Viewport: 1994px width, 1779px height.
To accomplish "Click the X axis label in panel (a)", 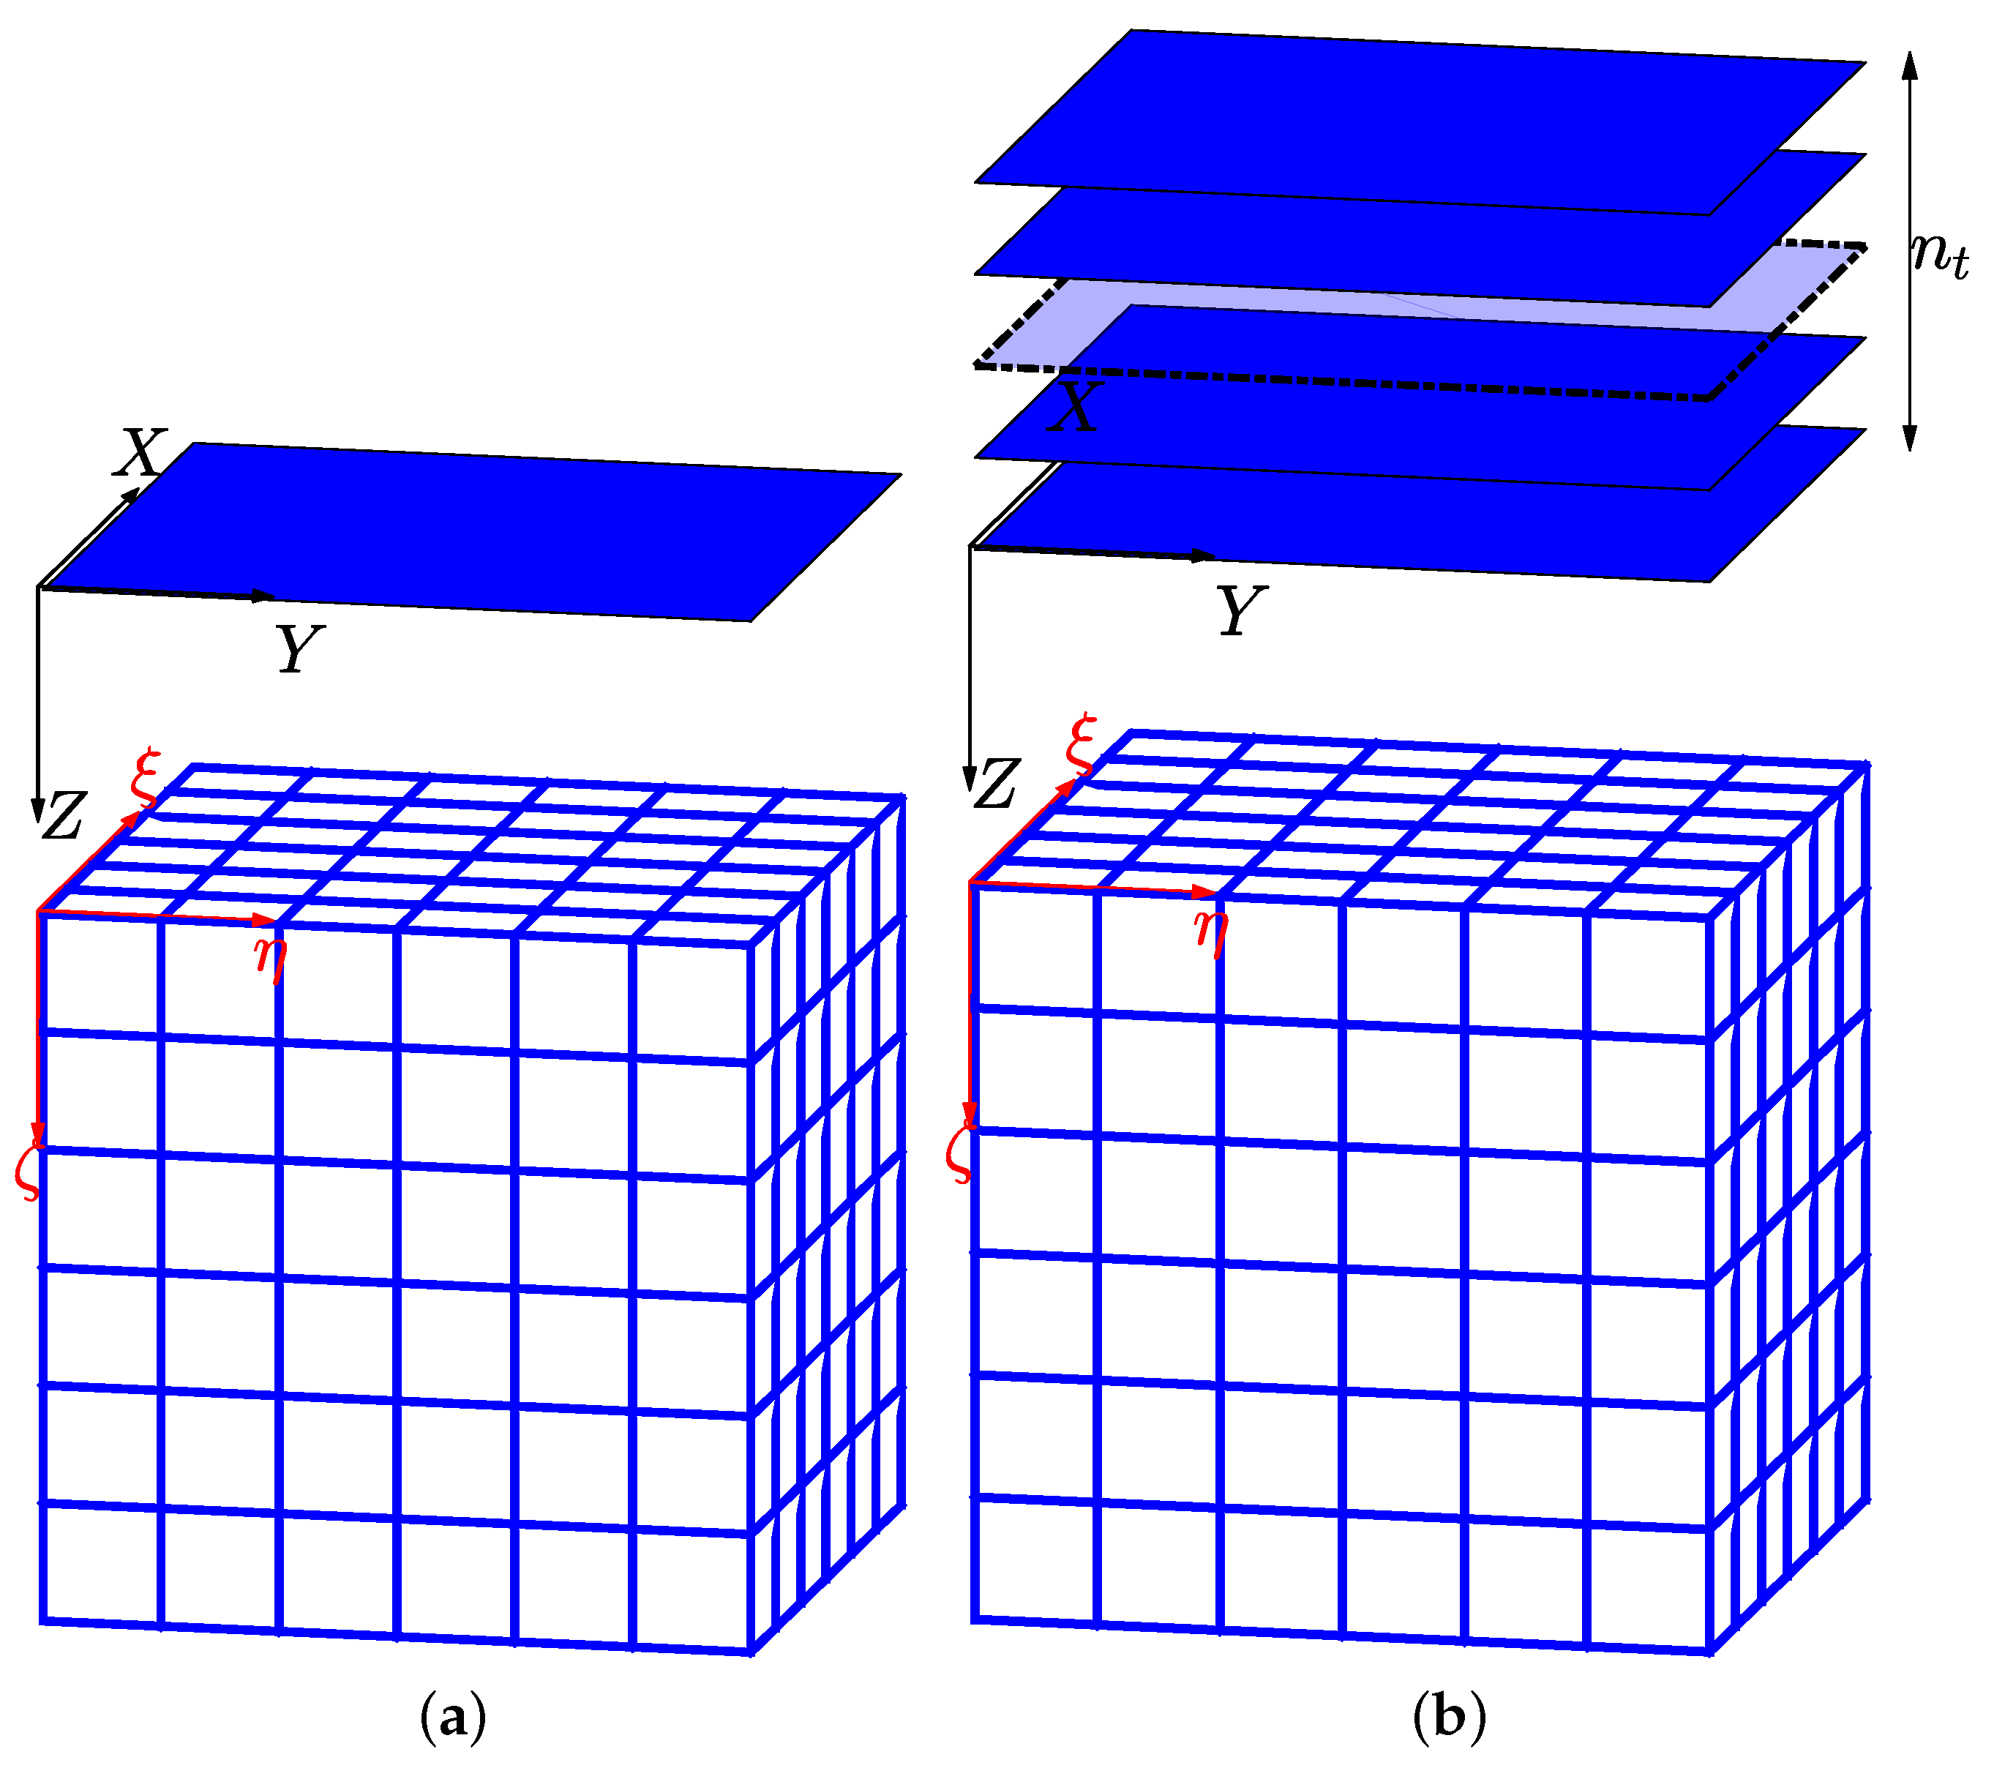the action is [140, 452].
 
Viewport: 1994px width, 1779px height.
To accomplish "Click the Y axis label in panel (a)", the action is [298, 648].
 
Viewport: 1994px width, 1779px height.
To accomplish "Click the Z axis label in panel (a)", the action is [64, 816].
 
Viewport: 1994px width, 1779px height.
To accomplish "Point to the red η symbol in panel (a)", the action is [271, 957].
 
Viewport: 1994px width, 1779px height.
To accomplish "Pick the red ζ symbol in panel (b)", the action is [961, 1153].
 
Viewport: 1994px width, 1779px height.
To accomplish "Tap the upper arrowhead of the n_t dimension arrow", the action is [1911, 64].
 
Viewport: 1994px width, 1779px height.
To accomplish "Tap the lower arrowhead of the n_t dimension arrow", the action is [1911, 437].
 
